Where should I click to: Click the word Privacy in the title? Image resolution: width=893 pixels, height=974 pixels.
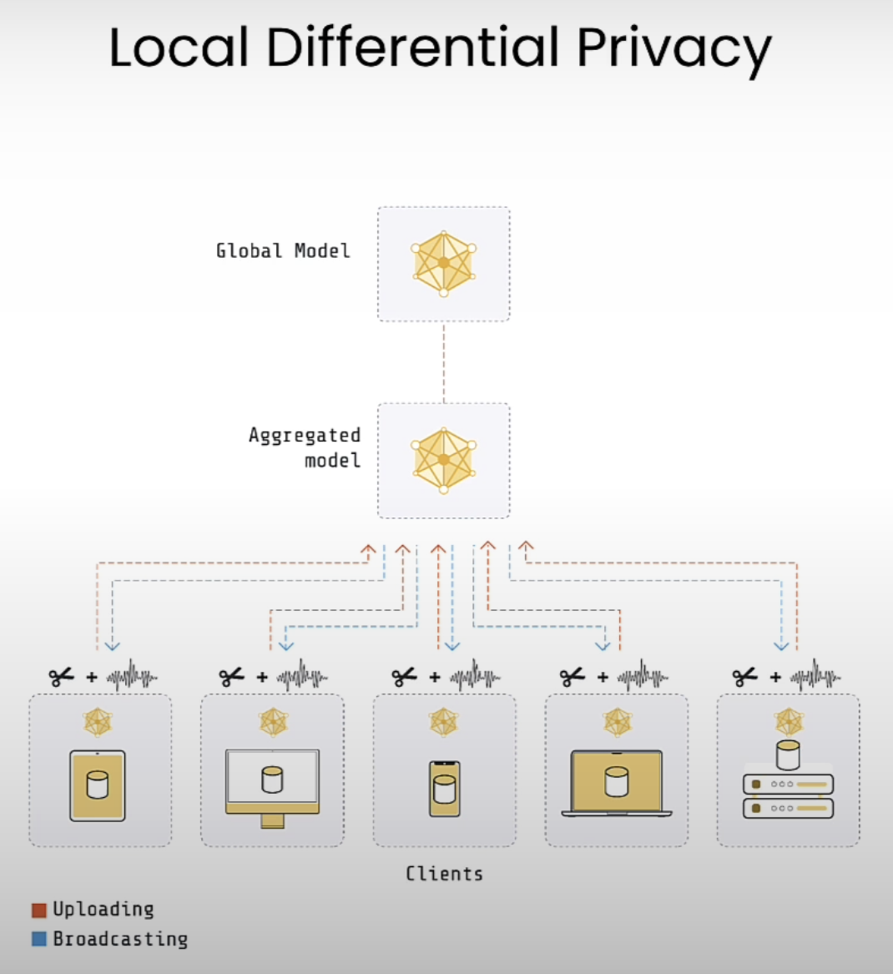(674, 49)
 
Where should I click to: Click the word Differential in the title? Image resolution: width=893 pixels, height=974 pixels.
(413, 47)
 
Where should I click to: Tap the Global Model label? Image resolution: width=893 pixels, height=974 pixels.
(283, 251)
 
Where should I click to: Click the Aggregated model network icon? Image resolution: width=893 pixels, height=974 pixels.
(443, 460)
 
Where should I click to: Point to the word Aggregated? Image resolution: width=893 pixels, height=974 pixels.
(305, 436)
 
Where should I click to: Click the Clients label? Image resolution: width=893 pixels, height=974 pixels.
(444, 873)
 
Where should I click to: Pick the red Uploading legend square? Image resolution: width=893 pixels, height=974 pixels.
(39, 910)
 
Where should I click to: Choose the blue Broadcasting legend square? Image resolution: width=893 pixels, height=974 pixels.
(39, 939)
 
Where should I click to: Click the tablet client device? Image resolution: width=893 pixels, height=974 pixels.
(98, 785)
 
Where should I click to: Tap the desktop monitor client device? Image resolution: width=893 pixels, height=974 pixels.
(273, 788)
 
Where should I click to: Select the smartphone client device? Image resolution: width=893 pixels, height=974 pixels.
(445, 789)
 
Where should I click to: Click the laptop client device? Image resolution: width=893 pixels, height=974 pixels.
(617, 783)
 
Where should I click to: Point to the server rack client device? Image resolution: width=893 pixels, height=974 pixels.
(788, 780)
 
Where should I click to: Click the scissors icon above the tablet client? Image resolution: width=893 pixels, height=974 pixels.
(62, 676)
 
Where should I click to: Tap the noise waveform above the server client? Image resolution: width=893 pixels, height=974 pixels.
(815, 676)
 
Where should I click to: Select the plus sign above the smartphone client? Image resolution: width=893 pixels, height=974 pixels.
(435, 677)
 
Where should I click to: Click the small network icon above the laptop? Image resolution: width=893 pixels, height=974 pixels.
(618, 723)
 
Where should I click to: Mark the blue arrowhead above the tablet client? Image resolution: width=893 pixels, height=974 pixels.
(113, 647)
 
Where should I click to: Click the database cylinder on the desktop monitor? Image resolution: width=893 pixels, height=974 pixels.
(272, 780)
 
